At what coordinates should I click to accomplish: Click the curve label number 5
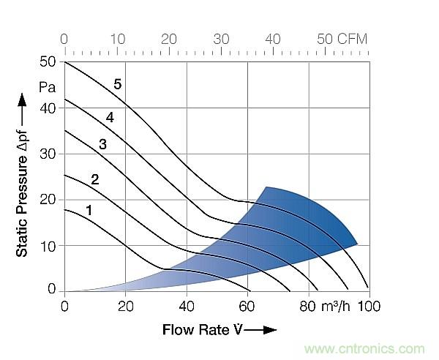click(117, 84)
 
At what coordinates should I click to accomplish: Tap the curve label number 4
click(109, 117)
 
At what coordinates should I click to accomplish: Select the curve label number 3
click(102, 145)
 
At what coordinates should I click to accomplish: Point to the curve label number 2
click(94, 179)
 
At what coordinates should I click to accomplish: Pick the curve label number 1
click(89, 211)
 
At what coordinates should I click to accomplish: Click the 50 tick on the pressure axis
click(48, 62)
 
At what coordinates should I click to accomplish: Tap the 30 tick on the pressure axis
click(48, 154)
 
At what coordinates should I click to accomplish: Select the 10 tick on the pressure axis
click(48, 245)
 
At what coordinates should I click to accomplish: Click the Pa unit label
click(48, 86)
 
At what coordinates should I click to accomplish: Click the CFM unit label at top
click(353, 38)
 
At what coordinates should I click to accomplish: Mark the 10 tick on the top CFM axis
click(118, 38)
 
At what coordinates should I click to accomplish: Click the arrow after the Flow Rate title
click(262, 330)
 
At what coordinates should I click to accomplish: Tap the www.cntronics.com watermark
click(366, 348)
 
